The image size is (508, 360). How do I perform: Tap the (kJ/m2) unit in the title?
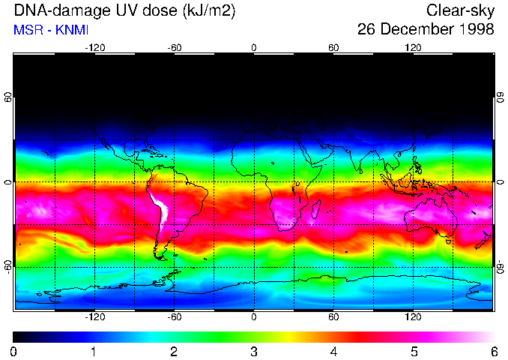(x=205, y=10)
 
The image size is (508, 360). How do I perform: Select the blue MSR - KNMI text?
(x=52, y=30)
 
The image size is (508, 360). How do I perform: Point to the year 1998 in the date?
(x=472, y=30)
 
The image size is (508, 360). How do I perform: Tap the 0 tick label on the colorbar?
(x=14, y=351)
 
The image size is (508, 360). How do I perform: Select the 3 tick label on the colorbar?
(x=254, y=351)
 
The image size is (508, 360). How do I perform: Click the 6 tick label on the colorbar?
(x=493, y=351)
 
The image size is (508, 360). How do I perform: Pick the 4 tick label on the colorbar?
(x=334, y=351)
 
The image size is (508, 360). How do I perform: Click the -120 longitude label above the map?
(x=94, y=48)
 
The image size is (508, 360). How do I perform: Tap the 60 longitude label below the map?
(x=333, y=317)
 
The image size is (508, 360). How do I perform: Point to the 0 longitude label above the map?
(x=254, y=48)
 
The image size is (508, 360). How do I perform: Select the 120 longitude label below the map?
(x=414, y=317)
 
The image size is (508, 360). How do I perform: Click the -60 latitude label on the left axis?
(x=8, y=266)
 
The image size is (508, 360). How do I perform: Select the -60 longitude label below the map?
(x=175, y=317)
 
